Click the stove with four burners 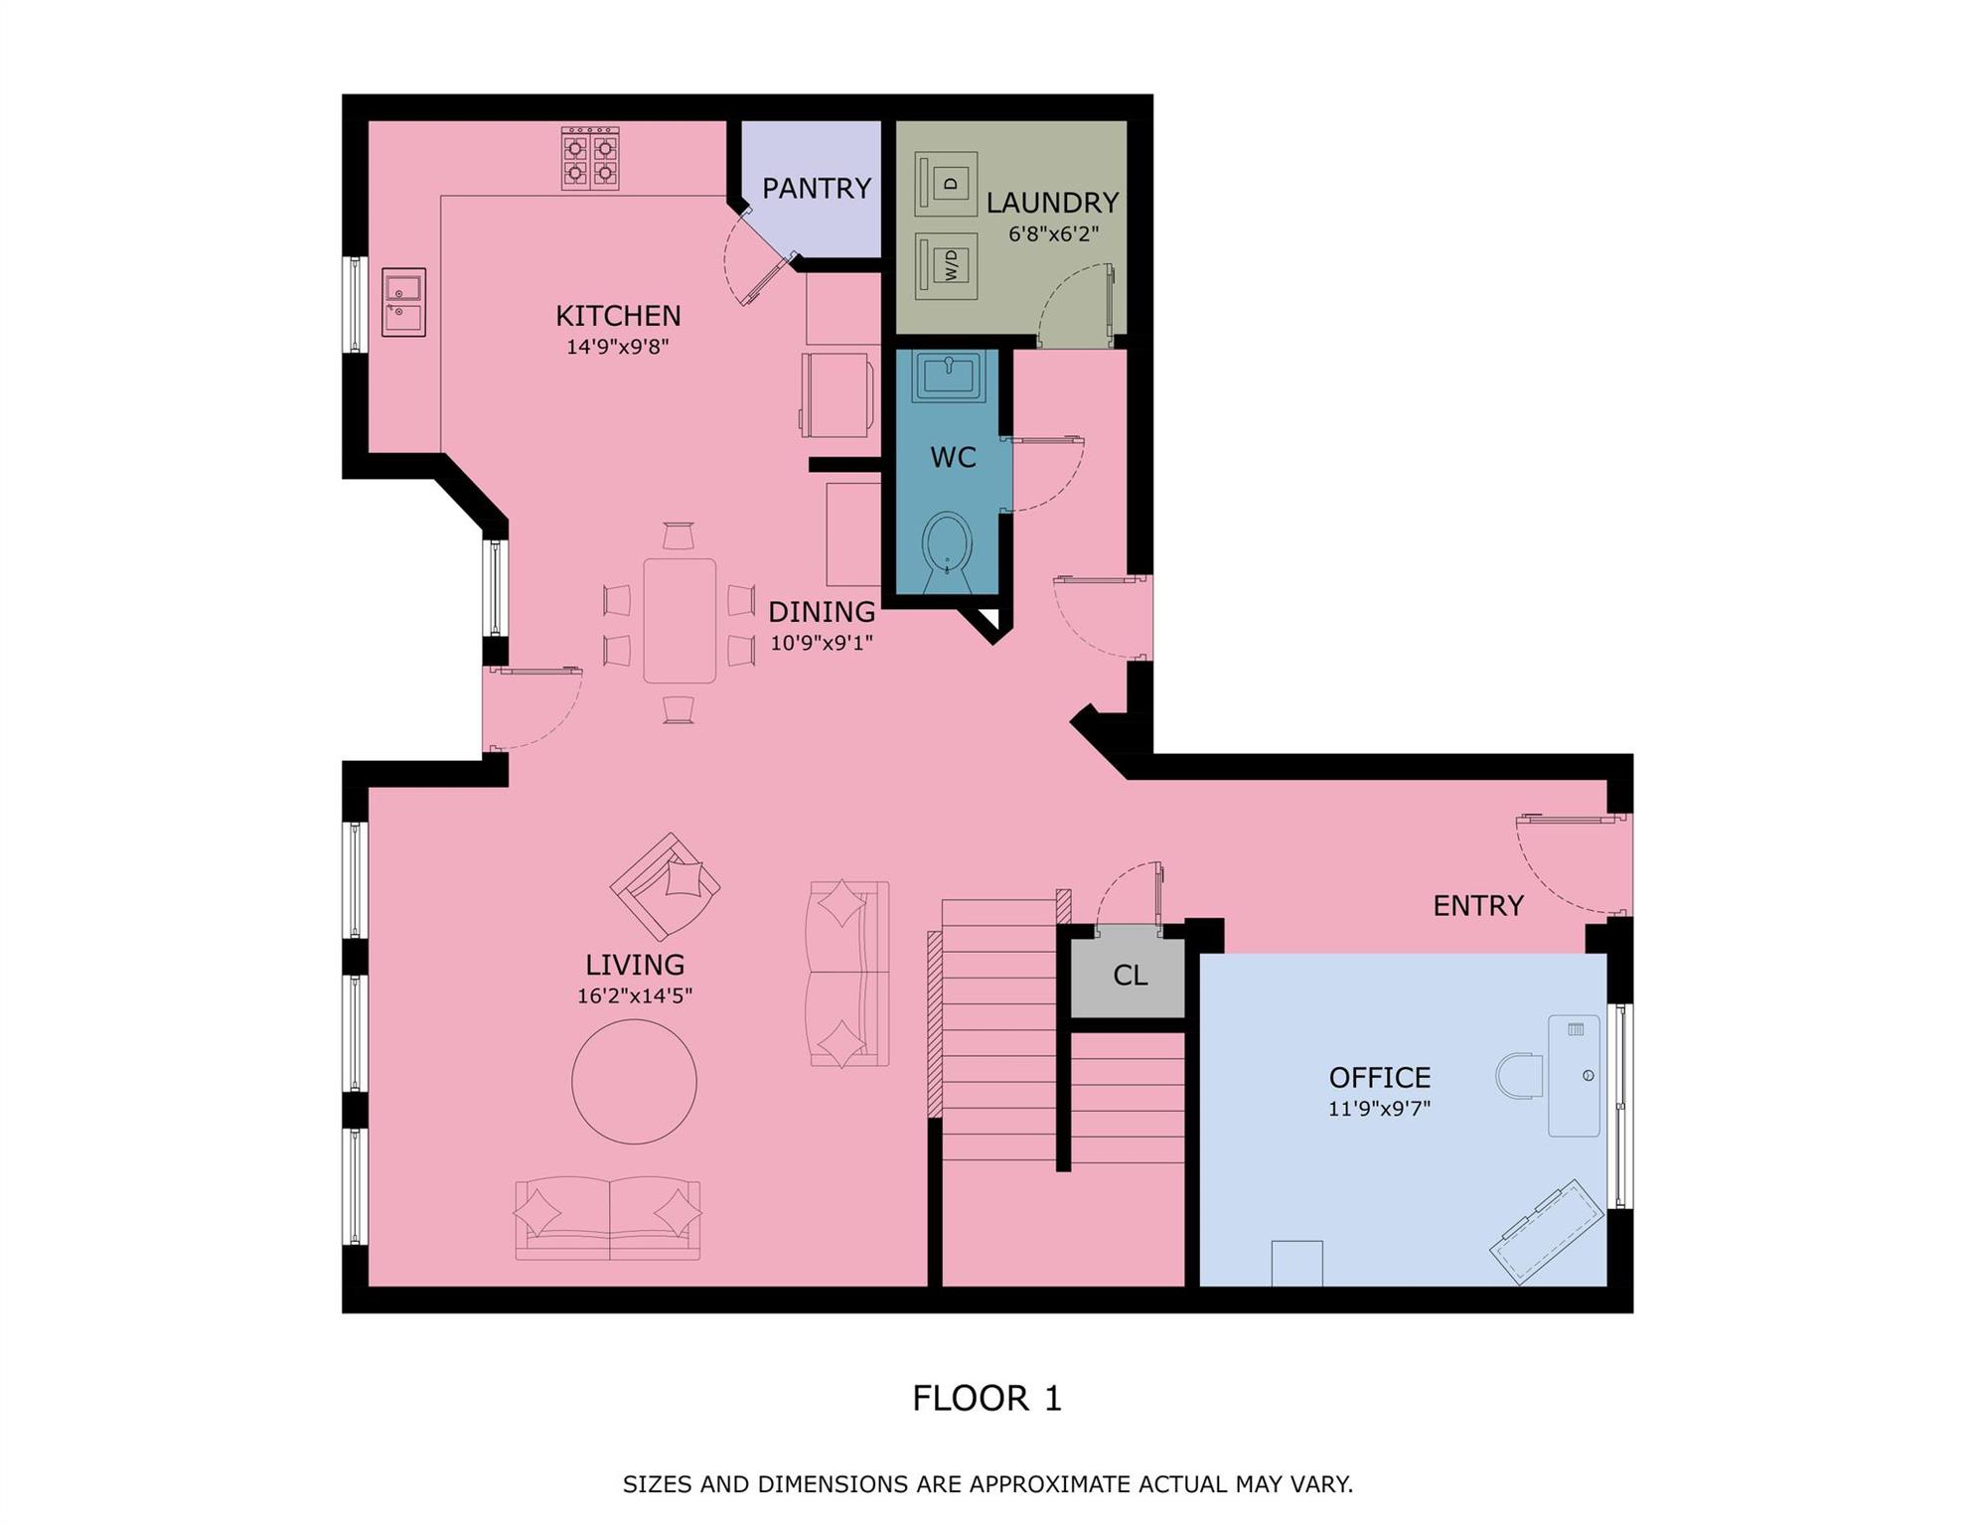(x=590, y=159)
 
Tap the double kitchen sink (x=403, y=302)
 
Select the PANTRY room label (x=816, y=188)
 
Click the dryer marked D (x=947, y=184)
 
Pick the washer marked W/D (x=947, y=265)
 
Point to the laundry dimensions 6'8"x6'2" (x=1053, y=234)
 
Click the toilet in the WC (x=947, y=544)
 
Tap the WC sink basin (x=949, y=376)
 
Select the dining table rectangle (x=680, y=621)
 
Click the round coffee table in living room (x=634, y=1082)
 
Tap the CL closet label (x=1130, y=976)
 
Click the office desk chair (x=1518, y=1076)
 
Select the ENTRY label (x=1477, y=905)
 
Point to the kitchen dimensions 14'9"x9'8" (x=617, y=347)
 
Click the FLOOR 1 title (x=987, y=1398)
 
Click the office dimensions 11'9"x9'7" (x=1379, y=1108)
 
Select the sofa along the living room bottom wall (x=608, y=1219)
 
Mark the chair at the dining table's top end (x=679, y=535)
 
